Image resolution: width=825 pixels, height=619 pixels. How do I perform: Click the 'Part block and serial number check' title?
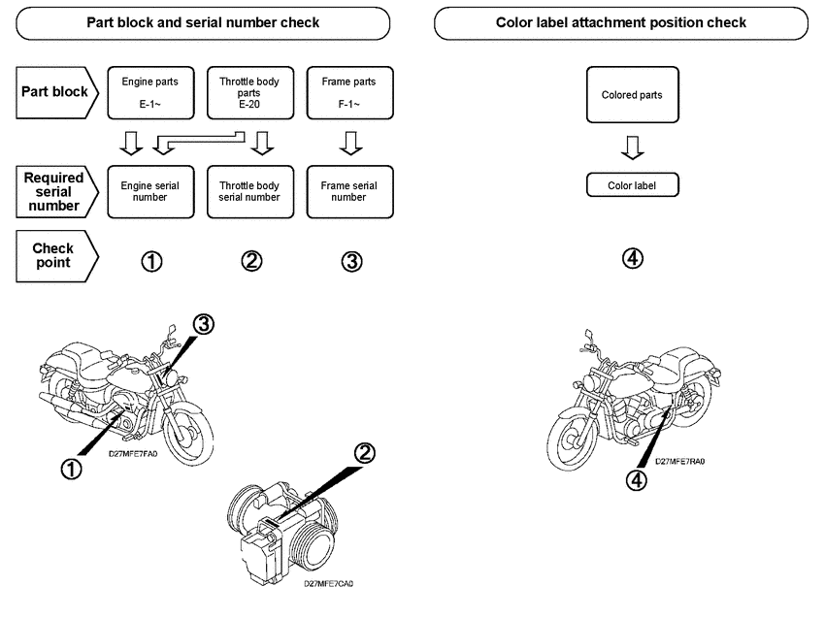tap(203, 22)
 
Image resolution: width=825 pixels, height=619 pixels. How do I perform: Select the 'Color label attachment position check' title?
tap(621, 22)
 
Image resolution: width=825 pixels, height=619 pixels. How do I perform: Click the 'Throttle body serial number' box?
tap(249, 190)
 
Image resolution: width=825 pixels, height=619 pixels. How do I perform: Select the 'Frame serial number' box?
tap(348, 190)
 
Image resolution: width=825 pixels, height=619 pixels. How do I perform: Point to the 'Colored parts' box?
tap(632, 95)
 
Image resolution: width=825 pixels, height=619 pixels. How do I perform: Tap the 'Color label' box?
tap(632, 185)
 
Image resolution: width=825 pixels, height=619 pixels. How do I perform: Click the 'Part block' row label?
tap(53, 93)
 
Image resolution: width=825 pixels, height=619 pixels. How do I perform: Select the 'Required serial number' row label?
tap(53, 191)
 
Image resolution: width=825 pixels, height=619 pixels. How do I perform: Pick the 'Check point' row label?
tap(53, 255)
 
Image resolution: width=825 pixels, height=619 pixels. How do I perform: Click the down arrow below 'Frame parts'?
tap(348, 147)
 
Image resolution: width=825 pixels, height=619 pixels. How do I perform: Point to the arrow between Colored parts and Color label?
tap(632, 147)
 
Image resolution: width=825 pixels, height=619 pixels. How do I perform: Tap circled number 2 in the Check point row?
tap(250, 261)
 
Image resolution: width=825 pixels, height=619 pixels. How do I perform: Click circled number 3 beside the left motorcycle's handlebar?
tap(203, 325)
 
